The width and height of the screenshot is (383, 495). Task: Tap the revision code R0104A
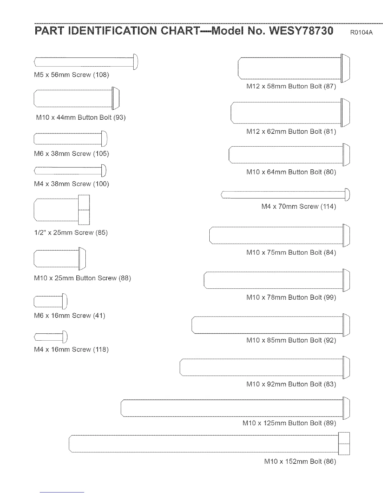click(361, 32)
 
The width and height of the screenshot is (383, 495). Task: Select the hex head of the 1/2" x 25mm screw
click(84, 210)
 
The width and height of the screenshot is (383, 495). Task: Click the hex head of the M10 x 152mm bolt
click(344, 443)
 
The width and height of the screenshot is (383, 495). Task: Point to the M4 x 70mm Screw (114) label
click(299, 207)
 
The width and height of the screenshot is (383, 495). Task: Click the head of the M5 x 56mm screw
click(135, 62)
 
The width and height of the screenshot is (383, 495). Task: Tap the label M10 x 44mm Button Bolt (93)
click(81, 117)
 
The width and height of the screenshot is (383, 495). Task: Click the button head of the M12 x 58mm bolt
click(345, 68)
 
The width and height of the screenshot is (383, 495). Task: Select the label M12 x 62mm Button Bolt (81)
click(291, 132)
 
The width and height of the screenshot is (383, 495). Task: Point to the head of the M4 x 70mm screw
click(347, 195)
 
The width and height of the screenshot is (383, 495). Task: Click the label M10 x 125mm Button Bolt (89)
click(289, 423)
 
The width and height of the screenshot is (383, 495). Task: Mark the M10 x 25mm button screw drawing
click(59, 258)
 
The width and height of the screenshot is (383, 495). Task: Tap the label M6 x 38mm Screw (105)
click(71, 154)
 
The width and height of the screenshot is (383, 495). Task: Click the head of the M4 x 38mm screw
click(104, 171)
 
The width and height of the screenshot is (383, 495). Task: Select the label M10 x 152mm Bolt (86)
click(300, 462)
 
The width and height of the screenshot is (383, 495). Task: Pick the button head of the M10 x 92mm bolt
click(346, 367)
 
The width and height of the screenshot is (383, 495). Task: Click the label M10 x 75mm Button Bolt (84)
click(291, 252)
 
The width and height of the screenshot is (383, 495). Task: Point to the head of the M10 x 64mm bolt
click(346, 155)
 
